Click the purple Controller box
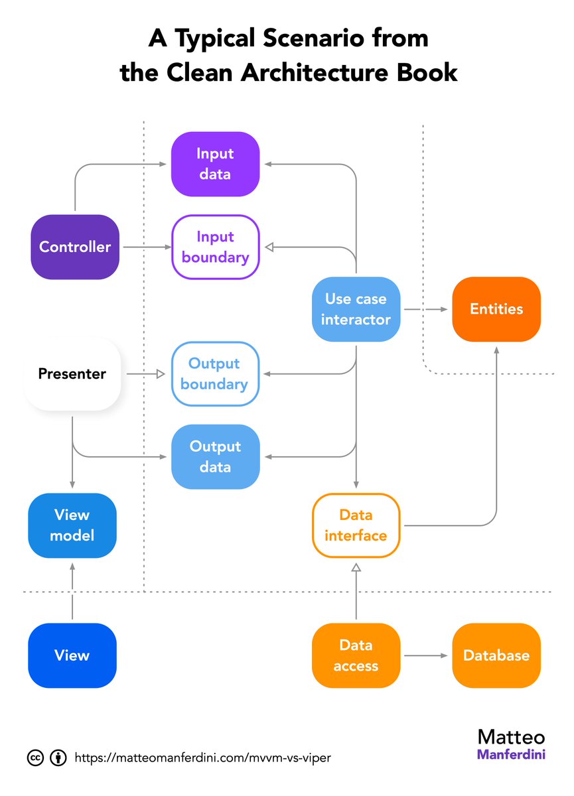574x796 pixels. tap(75, 247)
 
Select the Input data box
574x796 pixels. tap(214, 164)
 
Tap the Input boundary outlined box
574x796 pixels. tap(215, 247)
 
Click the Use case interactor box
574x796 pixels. tap(356, 309)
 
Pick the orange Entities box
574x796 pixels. tap(496, 309)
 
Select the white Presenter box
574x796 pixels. tap(72, 373)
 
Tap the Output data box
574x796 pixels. tap(215, 456)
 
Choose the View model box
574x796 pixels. tap(72, 525)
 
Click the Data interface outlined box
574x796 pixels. tap(356, 525)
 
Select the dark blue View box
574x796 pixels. tap(72, 655)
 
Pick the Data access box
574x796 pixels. tap(356, 655)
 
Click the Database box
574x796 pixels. tap(496, 655)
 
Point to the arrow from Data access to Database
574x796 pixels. tap(426, 655)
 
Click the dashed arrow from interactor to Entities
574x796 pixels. tap(426, 309)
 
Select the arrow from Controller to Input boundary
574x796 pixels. tap(146, 247)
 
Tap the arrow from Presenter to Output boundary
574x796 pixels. tap(145, 374)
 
